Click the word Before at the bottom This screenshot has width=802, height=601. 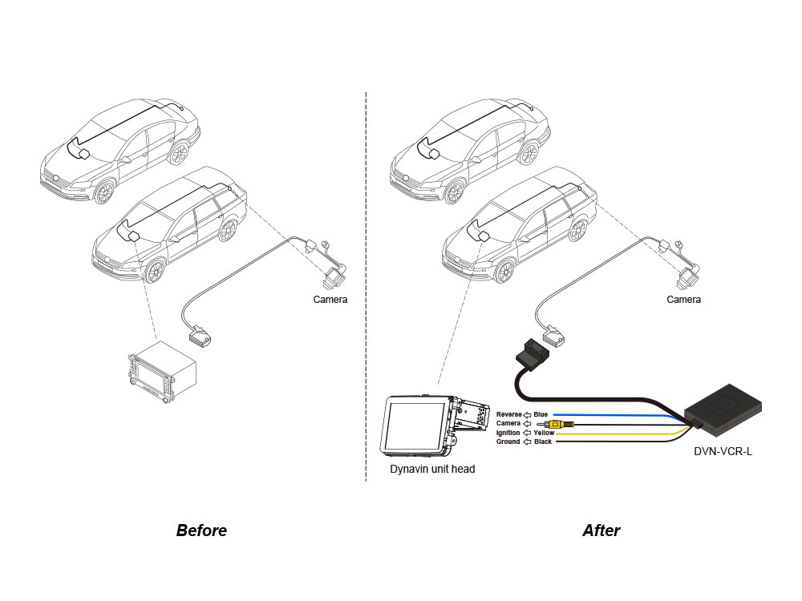201,530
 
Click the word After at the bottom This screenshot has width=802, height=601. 601,530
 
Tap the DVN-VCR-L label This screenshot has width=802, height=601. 723,451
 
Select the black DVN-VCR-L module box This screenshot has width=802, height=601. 727,405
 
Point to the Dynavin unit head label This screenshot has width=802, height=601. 432,469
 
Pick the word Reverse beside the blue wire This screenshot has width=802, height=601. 508,414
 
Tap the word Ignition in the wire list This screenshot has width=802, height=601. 508,433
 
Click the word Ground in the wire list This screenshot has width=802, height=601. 508,442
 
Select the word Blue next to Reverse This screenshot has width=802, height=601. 541,414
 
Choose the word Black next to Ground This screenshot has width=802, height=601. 542,442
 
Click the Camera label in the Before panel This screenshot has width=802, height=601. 330,300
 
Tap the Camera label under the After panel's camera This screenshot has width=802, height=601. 683,300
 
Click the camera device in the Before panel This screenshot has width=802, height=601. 332,278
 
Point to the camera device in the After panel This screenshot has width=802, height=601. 687,277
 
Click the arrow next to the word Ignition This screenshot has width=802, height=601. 526,433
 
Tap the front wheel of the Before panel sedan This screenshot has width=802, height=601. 105,192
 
